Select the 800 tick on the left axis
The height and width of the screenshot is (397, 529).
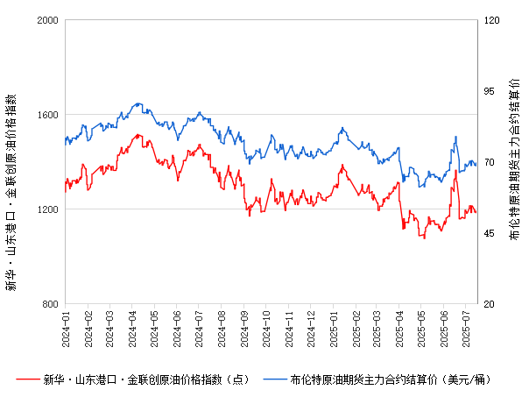point(50,304)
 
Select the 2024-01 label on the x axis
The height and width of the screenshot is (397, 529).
point(66,326)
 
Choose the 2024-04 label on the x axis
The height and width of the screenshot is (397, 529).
point(132,326)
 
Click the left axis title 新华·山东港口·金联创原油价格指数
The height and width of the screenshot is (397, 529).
point(11,193)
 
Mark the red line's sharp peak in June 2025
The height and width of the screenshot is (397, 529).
point(455,169)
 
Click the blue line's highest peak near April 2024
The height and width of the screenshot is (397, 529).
point(139,103)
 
